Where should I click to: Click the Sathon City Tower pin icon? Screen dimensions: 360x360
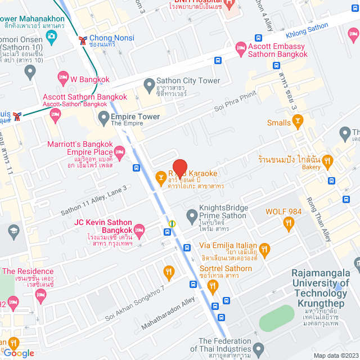(x=149, y=85)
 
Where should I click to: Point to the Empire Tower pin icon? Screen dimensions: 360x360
(x=103, y=118)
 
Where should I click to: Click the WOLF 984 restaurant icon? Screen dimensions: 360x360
(x=289, y=223)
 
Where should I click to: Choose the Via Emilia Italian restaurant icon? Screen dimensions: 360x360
(x=265, y=248)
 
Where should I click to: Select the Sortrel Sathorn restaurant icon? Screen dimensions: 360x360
(x=212, y=286)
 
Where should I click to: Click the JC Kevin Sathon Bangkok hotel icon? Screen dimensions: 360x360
(x=139, y=228)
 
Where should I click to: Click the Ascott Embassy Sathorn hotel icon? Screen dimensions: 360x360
(x=241, y=49)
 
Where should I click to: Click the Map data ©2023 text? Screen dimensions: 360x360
(x=335, y=355)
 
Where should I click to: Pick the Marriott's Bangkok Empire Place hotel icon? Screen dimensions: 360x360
(x=119, y=152)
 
